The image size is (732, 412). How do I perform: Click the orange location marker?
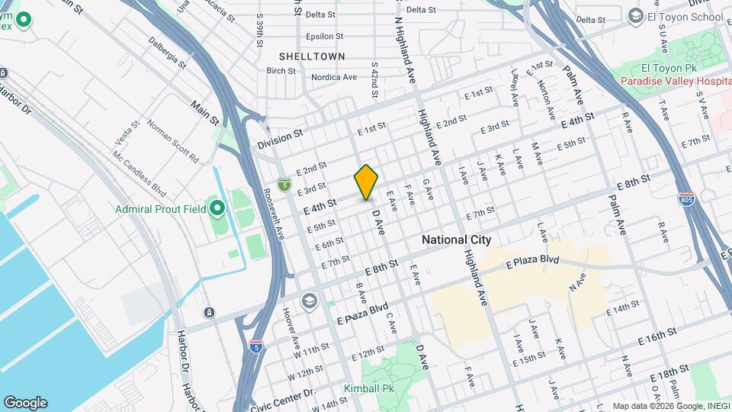tap(367, 182)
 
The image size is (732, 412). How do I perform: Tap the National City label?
tap(455, 240)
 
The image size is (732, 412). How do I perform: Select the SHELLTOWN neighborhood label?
tap(312, 56)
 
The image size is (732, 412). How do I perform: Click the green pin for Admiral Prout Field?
tap(218, 208)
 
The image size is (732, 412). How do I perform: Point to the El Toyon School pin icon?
tap(634, 16)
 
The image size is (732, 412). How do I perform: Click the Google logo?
tap(25, 402)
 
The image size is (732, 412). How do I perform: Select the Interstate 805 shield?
tap(687, 198)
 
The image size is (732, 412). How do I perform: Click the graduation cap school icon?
tap(309, 301)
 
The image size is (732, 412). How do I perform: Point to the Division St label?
tap(280, 138)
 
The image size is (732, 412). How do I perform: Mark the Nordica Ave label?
tap(334, 77)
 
